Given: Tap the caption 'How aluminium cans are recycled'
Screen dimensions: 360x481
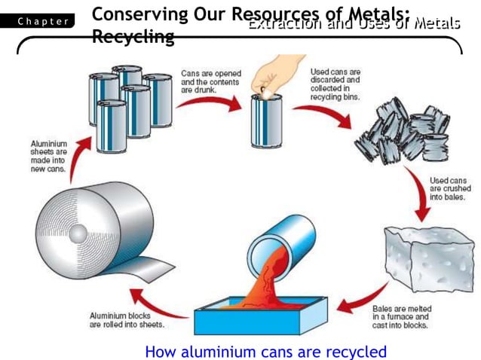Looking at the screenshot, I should pos(265,351).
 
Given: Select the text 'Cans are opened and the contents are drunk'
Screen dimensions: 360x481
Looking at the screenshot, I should pos(208,81).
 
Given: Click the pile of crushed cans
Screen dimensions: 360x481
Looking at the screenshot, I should pos(404,136).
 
